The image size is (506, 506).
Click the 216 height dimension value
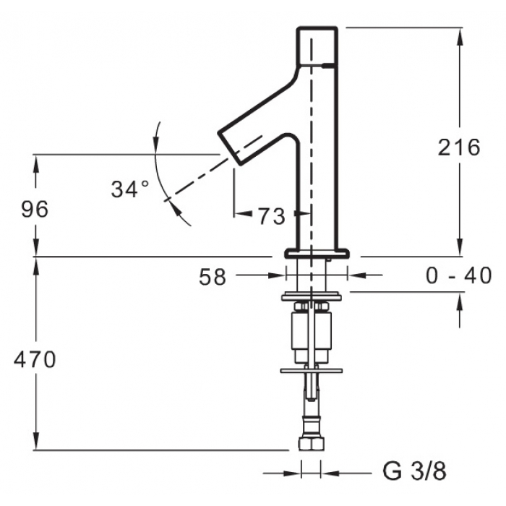point(459,147)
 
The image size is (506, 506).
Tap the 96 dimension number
point(35,209)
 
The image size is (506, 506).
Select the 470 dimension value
point(35,359)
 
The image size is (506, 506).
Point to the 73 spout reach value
point(271,216)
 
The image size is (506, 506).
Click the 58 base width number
point(213,277)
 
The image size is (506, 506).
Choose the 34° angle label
point(130,189)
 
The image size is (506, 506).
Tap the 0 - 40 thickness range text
point(459,275)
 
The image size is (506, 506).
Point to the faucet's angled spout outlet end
point(230,147)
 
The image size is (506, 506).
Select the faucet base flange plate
point(317,253)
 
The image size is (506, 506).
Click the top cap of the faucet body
point(317,46)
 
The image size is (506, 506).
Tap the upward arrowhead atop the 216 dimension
point(460,36)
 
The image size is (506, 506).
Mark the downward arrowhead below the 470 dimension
point(36,441)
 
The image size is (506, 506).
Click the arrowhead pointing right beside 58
point(277,275)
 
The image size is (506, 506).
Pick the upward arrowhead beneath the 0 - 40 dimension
point(460,301)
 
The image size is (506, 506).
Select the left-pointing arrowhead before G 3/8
point(330,473)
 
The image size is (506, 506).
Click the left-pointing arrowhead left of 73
point(243,213)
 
